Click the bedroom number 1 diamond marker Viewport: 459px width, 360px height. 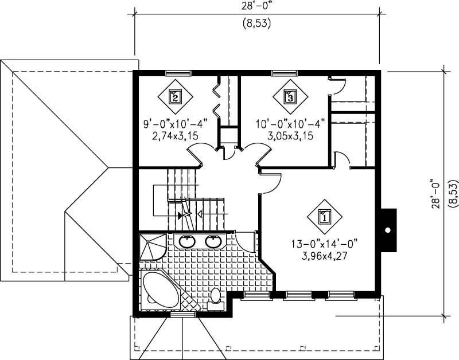coord(324,217)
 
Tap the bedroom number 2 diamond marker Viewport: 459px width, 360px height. coord(175,96)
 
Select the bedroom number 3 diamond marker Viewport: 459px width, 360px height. coord(290,96)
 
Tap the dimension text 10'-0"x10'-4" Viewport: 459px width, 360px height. coord(290,124)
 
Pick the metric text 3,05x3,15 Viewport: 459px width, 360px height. coord(290,136)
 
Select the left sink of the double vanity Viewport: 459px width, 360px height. coord(187,241)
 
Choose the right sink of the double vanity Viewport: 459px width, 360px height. coord(213,241)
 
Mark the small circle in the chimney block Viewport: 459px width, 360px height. coord(388,230)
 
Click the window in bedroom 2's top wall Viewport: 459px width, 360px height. coord(178,73)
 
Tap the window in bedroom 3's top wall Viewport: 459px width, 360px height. coord(285,73)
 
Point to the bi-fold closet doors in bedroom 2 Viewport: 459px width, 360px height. coord(217,97)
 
